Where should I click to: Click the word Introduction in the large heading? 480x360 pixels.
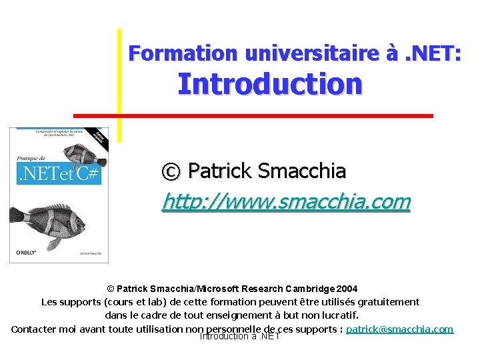tap(270, 85)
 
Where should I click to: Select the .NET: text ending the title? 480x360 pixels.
tap(434, 53)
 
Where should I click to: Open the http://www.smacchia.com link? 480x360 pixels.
tap(286, 201)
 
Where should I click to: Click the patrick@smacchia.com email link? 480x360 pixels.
tap(399, 329)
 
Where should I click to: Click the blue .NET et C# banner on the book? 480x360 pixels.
tap(57, 174)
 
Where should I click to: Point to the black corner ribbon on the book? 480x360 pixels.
tap(99, 137)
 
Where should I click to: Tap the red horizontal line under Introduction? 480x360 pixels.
tap(253, 115)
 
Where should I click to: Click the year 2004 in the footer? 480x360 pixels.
tap(347, 289)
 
